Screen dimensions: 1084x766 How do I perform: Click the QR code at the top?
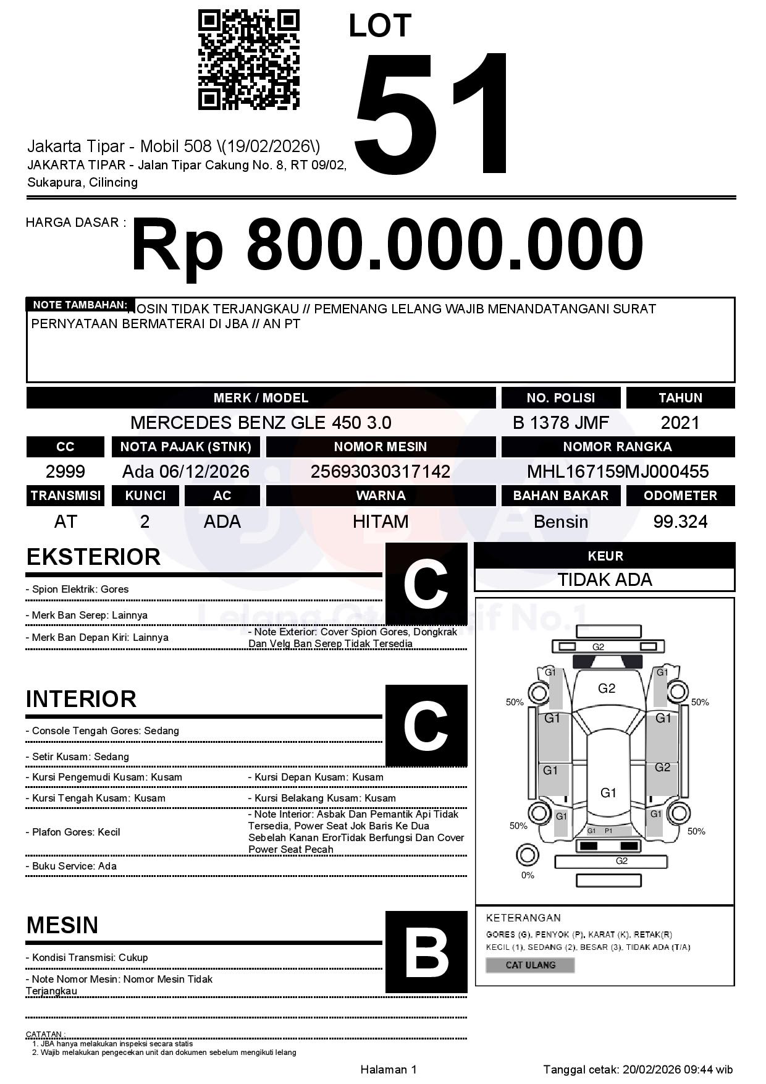[248, 59]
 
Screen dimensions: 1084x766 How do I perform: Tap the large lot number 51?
[432, 114]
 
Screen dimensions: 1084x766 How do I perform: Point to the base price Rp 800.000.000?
[387, 245]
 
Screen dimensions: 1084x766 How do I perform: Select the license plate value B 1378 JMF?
[560, 423]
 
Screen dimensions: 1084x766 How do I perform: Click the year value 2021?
[680, 423]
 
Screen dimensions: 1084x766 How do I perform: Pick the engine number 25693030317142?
[380, 472]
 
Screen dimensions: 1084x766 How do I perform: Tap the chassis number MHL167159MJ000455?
[618, 472]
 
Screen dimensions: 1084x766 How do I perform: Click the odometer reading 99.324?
[680, 522]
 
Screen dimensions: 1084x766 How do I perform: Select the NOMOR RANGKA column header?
[618, 446]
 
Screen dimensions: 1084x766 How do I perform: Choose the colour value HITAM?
[381, 522]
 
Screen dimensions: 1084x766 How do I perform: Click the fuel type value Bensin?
[560, 522]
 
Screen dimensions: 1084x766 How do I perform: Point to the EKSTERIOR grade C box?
[426, 583]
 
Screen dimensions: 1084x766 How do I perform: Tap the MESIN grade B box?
[426, 952]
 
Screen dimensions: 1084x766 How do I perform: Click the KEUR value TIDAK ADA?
[605, 580]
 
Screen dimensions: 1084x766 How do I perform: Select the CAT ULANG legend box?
[531, 965]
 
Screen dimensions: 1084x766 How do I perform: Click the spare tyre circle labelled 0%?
[527, 855]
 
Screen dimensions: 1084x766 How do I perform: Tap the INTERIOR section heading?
[81, 699]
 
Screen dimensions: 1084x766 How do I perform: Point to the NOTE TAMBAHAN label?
[80, 305]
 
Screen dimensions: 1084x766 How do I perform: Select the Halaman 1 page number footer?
[389, 1069]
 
